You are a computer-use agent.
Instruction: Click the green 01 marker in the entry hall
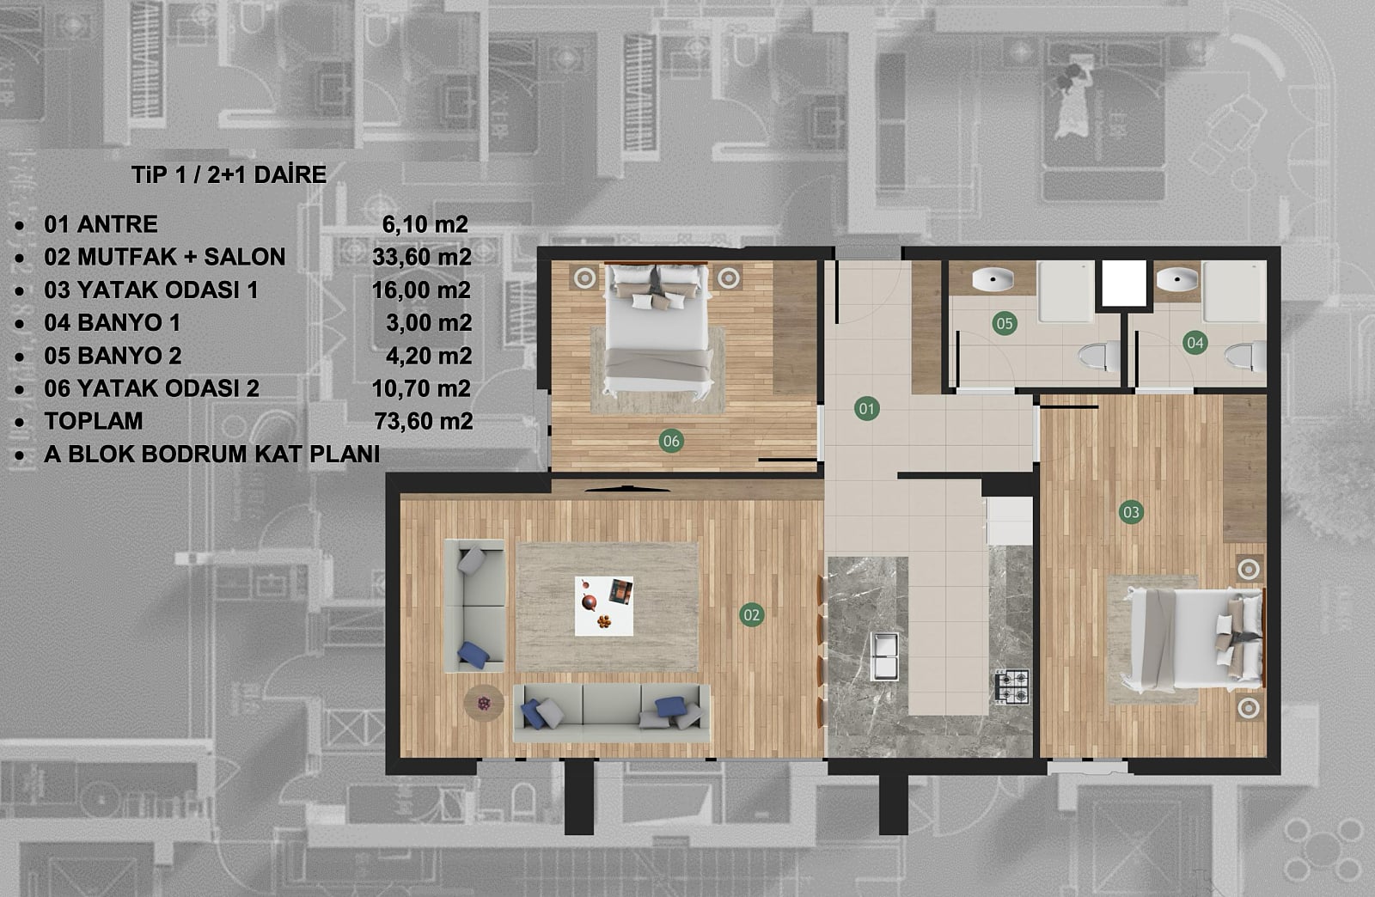click(866, 409)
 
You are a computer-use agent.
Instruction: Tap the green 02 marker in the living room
click(751, 615)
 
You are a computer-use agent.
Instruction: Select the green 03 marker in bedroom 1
click(1131, 512)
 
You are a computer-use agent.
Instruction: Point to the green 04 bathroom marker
click(1195, 342)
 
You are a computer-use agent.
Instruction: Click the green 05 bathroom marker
click(1005, 323)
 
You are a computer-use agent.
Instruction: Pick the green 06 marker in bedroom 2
click(671, 441)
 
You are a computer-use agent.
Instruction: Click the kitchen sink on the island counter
click(884, 656)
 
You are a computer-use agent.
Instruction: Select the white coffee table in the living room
click(604, 607)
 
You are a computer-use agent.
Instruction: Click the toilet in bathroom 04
click(1245, 357)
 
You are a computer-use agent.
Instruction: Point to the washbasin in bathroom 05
click(993, 280)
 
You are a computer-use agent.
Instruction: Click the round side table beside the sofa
click(484, 703)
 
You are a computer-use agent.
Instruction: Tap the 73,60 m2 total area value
click(424, 421)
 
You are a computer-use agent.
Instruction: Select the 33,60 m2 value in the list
click(422, 256)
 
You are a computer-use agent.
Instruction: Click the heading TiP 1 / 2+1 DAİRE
click(229, 175)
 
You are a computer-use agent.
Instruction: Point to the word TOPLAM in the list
click(94, 421)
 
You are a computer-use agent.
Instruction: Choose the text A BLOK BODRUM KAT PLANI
click(211, 454)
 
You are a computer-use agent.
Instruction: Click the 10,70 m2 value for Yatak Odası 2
click(421, 388)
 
